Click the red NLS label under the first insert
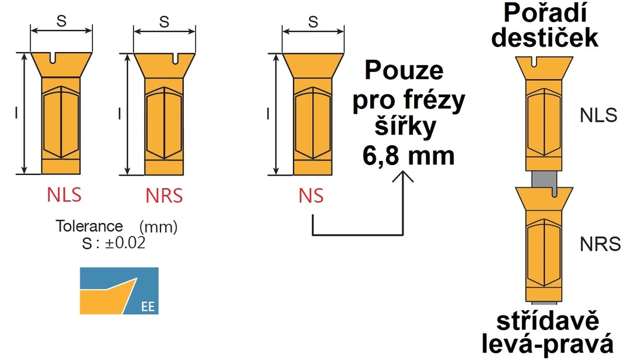[x=64, y=195]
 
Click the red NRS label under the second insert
[x=165, y=196]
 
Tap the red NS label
[x=311, y=196]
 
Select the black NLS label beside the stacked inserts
[x=599, y=115]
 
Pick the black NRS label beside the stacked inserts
[x=600, y=244]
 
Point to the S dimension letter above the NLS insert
[x=61, y=20]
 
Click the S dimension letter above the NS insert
[x=313, y=22]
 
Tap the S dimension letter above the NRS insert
[x=165, y=22]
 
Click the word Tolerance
[x=89, y=226]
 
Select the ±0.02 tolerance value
[x=125, y=243]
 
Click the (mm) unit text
[x=158, y=227]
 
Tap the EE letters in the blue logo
[x=148, y=307]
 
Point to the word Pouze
[x=404, y=71]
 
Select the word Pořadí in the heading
[x=545, y=13]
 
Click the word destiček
[x=545, y=37]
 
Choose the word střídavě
[x=548, y=321]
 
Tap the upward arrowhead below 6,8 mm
[x=403, y=177]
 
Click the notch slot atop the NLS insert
[x=53, y=58]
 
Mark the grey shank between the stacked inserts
[x=544, y=179]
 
